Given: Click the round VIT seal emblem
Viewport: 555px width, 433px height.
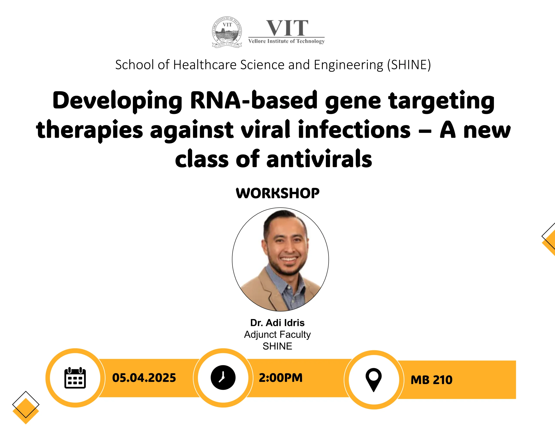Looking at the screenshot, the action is click(227, 32).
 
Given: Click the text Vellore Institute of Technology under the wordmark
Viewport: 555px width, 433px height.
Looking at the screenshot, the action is click(286, 41).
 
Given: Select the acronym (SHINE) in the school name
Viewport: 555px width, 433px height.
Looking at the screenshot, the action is click(409, 65).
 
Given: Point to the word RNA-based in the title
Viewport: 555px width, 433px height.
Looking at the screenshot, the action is click(254, 100).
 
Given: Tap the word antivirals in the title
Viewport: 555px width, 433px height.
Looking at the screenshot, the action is click(319, 159).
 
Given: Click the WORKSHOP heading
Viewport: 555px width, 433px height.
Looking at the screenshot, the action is click(277, 193).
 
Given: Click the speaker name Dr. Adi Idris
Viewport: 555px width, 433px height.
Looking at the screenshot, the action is click(277, 323).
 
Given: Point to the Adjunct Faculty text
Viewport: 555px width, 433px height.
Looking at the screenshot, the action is click(277, 335).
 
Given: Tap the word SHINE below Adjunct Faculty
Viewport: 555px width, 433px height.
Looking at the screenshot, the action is click(277, 346).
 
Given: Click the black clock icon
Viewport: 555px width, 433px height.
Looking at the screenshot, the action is click(223, 377).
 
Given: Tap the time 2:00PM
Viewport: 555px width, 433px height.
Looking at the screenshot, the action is click(281, 378).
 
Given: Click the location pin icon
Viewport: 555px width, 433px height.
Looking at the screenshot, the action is click(374, 380).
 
